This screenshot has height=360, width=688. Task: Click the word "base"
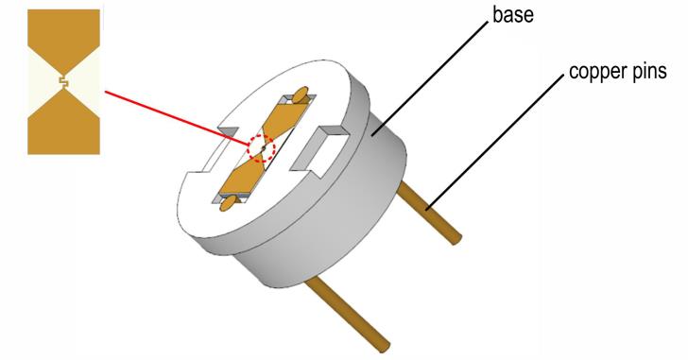pos(513,14)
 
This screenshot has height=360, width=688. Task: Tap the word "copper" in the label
pos(595,72)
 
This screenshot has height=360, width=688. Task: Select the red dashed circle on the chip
pos(261,148)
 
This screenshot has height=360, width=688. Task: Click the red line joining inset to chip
pos(176,118)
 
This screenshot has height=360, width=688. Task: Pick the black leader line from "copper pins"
pos(495,141)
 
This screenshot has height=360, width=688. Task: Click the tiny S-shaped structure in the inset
pos(63,80)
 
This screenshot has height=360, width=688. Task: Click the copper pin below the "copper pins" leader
pos(429,213)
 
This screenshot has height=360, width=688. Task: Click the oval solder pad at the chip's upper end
pos(300,95)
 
